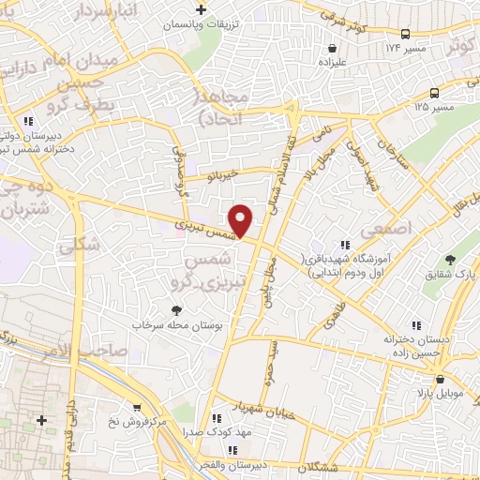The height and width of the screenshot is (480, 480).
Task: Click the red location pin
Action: point(241,220)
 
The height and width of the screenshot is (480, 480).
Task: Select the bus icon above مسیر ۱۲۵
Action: point(434,92)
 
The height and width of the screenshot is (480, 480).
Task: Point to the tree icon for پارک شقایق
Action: point(450,260)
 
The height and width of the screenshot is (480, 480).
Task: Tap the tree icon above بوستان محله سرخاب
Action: point(174,309)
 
